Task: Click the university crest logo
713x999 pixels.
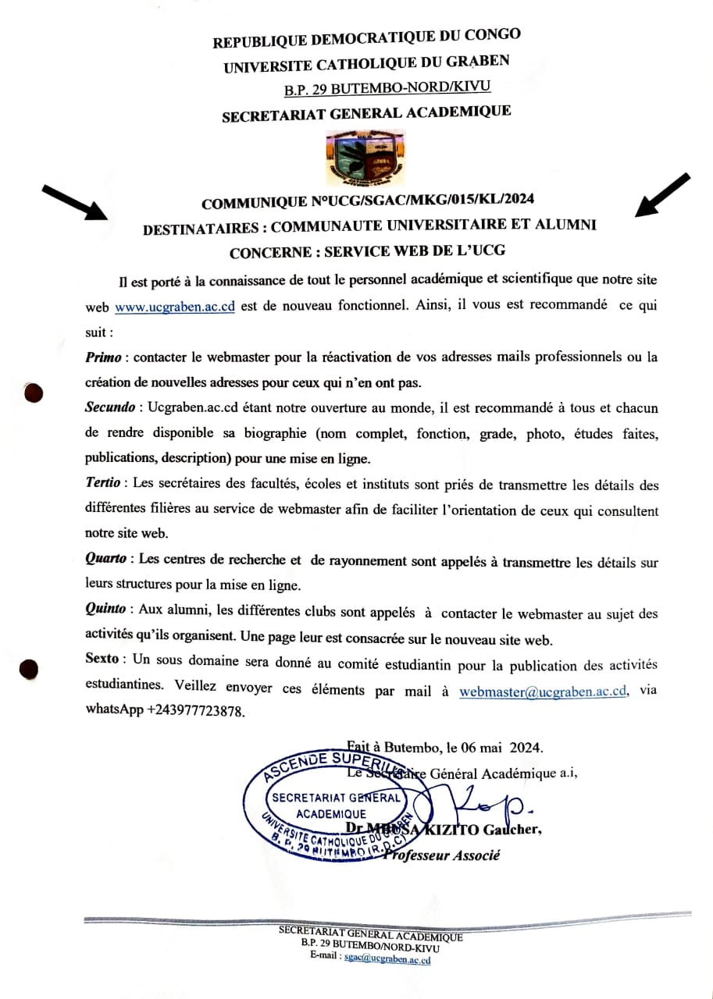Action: click(x=365, y=159)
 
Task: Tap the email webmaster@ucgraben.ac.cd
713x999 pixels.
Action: click(x=544, y=691)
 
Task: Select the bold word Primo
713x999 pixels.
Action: click(x=105, y=357)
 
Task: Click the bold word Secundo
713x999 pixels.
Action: click(x=110, y=408)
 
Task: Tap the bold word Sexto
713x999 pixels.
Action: click(x=103, y=659)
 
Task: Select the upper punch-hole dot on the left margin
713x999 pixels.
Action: click(x=32, y=393)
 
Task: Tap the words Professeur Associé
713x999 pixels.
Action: click(x=441, y=855)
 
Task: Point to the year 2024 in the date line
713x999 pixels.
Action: click(x=525, y=746)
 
